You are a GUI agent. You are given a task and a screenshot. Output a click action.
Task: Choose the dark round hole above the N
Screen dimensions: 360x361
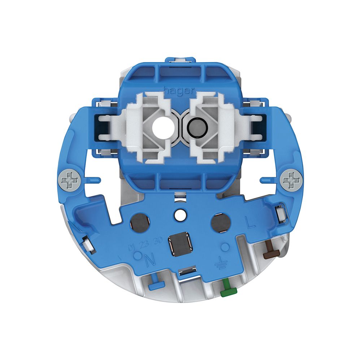click(x=138, y=221)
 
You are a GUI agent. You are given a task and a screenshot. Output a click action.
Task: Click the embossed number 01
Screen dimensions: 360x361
click(x=132, y=248)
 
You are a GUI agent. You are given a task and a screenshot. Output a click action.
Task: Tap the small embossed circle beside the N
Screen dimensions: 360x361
click(x=137, y=256)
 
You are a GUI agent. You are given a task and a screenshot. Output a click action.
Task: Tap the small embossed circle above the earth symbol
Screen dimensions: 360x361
click(x=225, y=247)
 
